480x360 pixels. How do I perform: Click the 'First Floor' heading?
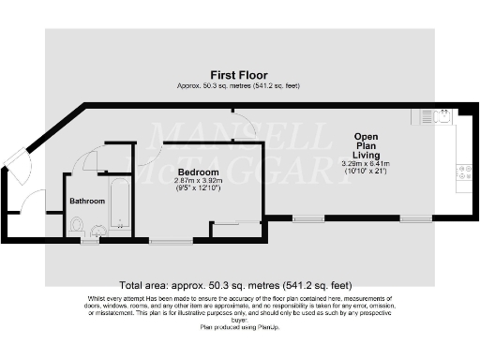click(239, 75)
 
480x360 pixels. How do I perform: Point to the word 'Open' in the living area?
click(366, 135)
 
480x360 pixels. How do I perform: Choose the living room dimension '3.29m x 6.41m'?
click(366, 163)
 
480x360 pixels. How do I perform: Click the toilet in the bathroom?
click(78, 226)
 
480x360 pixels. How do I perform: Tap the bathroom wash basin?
click(98, 227)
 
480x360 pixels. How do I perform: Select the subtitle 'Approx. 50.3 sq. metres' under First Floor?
click(239, 85)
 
